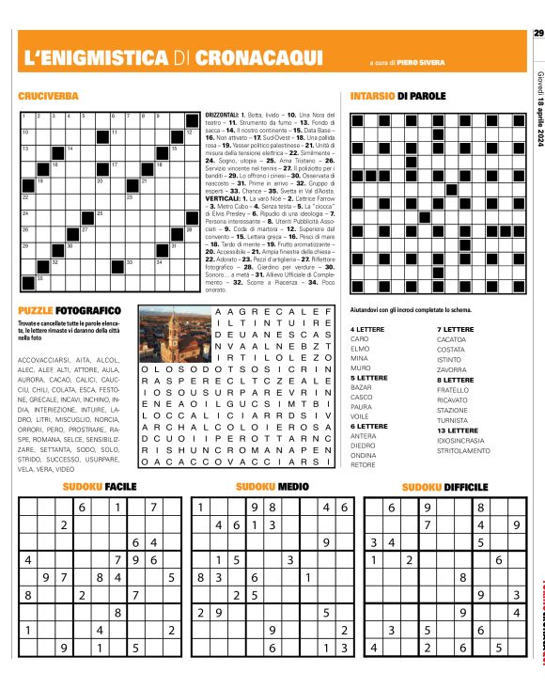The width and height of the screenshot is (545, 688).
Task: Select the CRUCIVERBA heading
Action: click(x=48, y=97)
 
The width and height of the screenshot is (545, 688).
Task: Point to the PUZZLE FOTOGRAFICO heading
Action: click(x=70, y=310)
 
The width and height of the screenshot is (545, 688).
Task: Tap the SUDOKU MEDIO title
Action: click(x=272, y=487)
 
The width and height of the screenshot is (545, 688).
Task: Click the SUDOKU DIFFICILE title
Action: click(x=444, y=487)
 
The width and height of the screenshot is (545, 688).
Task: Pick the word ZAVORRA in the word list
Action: click(x=453, y=369)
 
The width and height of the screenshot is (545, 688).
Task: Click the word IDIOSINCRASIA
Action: click(x=460, y=441)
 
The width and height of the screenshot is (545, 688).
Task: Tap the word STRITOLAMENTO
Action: click(x=463, y=451)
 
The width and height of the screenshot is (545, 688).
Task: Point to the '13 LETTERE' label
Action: click(x=457, y=430)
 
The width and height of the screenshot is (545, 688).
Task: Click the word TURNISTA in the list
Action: click(x=454, y=420)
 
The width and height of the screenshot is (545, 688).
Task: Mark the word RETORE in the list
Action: click(x=363, y=465)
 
